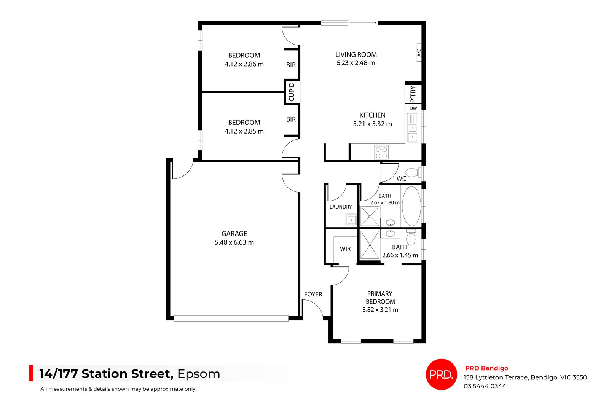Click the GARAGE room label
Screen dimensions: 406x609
(234, 234)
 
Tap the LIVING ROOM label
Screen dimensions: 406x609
(356, 55)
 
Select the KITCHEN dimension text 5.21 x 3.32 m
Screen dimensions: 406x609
(372, 124)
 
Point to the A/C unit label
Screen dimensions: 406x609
(419, 52)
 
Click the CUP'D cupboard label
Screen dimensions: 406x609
(292, 92)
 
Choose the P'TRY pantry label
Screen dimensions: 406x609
(413, 94)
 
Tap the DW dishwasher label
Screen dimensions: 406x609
(413, 108)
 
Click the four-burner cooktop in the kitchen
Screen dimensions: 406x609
(381, 152)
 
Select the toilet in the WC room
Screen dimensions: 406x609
(413, 172)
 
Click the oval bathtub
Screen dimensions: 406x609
(411, 206)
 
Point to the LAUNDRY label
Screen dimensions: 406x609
(341, 207)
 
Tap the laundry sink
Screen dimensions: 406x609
(351, 220)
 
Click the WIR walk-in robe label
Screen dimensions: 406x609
(345, 249)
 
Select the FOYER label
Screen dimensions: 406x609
(313, 294)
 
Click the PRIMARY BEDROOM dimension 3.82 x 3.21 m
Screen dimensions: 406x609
(380, 310)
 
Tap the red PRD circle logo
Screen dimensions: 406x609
(441, 374)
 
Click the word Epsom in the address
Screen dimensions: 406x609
(198, 374)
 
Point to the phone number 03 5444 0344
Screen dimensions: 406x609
(485, 386)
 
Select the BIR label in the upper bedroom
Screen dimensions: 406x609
(291, 65)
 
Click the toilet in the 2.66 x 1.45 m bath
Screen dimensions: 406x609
(411, 238)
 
